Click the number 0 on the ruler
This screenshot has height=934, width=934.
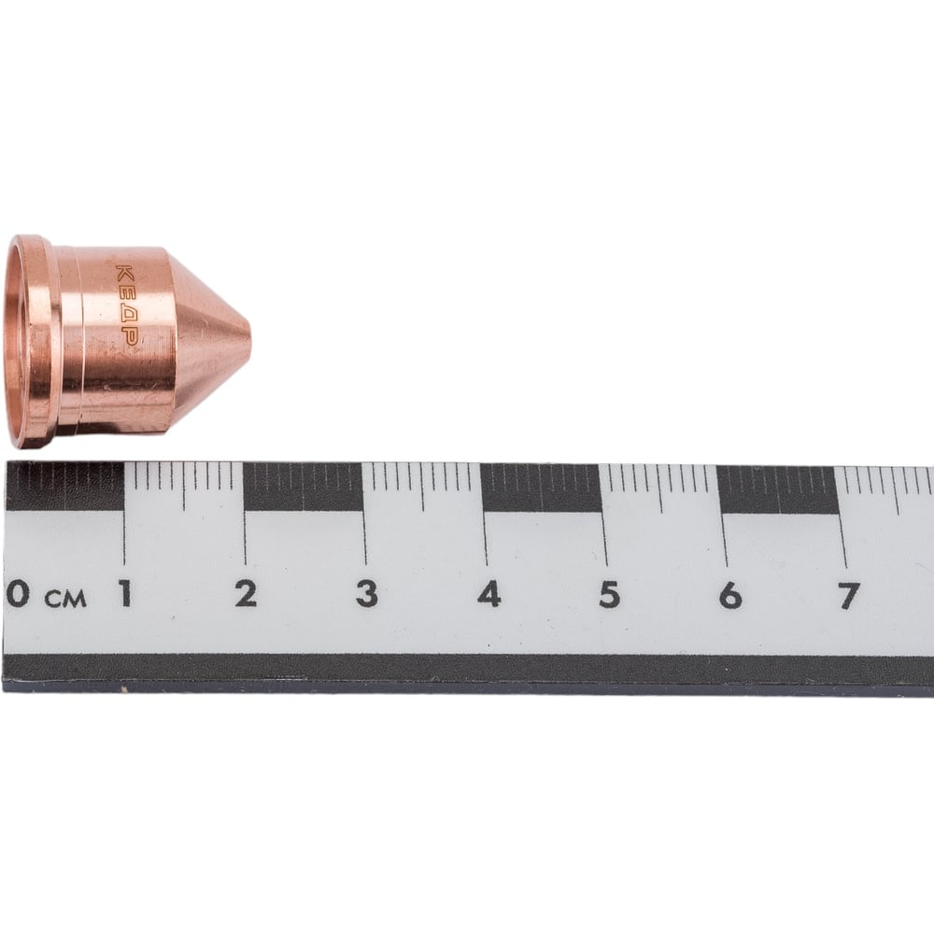(18, 593)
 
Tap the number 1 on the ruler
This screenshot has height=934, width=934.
(125, 593)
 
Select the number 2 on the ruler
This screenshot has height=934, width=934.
(246, 593)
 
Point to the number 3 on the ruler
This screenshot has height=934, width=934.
(367, 594)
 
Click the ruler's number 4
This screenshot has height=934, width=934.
(488, 594)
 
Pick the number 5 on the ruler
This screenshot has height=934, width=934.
(609, 594)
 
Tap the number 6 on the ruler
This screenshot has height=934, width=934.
(730, 595)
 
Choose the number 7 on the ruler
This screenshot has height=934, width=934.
(849, 595)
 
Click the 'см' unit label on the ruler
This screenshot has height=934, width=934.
(66, 599)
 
